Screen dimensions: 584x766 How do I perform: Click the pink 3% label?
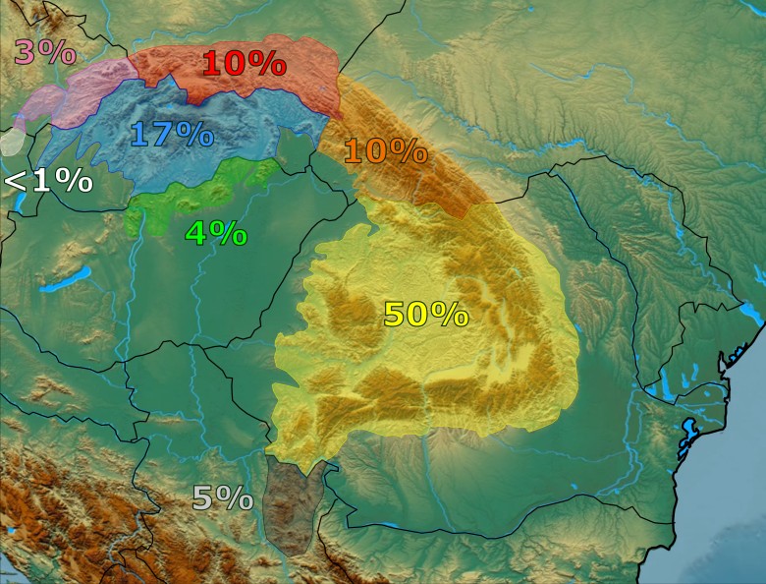(44, 52)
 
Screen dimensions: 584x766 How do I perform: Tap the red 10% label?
(244, 64)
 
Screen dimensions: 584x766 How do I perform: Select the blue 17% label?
(171, 134)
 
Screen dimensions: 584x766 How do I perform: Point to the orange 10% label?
(385, 151)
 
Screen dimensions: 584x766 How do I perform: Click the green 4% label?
(216, 233)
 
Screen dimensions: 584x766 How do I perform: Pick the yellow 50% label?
(425, 315)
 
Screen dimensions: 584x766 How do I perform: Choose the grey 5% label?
(222, 498)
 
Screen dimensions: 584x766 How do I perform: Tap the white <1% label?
(48, 181)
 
